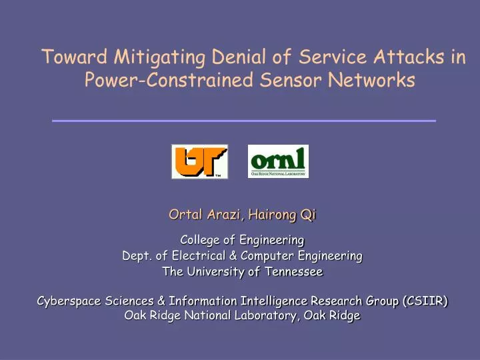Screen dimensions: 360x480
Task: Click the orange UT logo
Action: pos(199,161)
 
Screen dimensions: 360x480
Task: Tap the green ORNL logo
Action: pos(278,161)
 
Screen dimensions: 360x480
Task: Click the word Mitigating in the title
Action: pos(151,57)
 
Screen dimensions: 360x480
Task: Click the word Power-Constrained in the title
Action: pos(169,81)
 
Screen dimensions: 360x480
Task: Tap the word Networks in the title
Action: pos(373,81)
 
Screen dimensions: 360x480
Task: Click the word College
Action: pos(203,239)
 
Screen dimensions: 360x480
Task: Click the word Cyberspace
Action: pos(68,301)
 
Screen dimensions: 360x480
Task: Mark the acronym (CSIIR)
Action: pos(425,301)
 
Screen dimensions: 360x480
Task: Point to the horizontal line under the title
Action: pos(243,121)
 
